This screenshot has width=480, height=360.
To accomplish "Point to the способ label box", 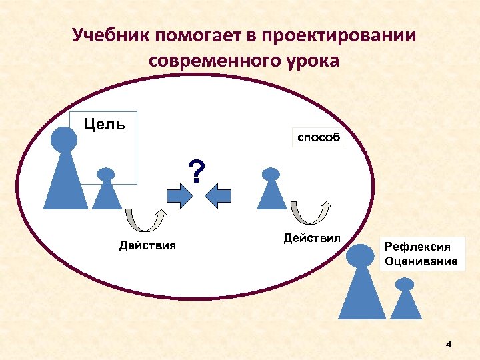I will click(319, 138).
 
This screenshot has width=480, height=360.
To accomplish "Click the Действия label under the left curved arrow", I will click(147, 245).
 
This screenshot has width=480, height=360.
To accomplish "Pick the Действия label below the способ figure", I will click(312, 238).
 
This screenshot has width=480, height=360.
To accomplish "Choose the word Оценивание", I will click(421, 261).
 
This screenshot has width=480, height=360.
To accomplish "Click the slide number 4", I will click(448, 344).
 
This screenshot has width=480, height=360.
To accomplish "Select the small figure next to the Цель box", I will click(106, 190).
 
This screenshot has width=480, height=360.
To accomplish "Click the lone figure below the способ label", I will click(271, 190).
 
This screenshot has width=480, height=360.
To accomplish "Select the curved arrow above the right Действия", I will click(310, 213).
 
